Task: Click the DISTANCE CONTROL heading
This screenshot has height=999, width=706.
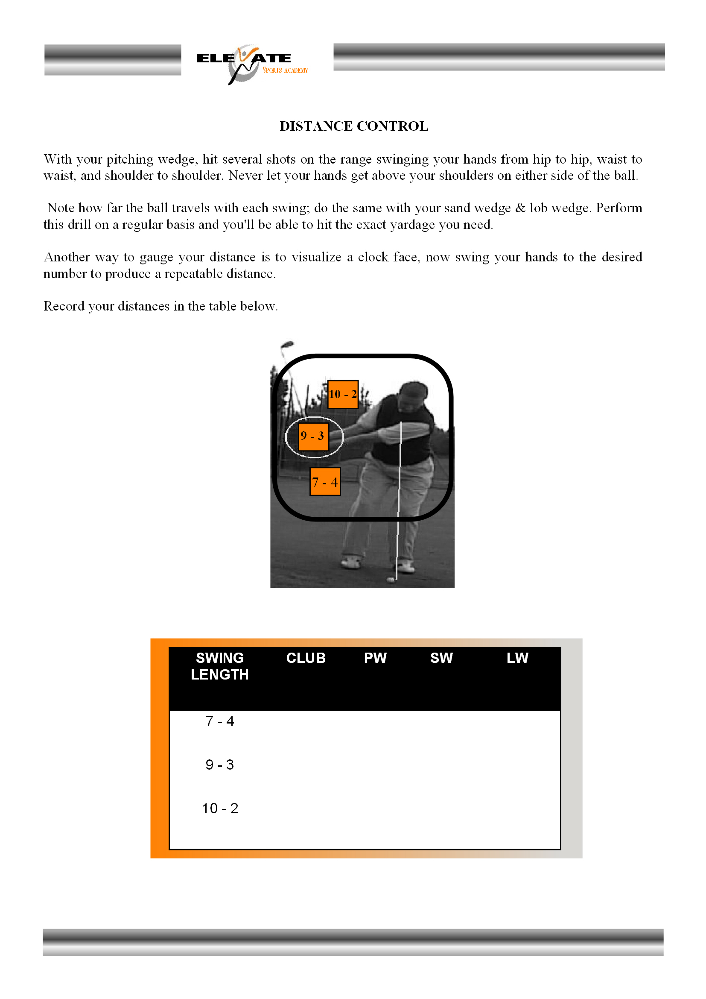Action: (353, 126)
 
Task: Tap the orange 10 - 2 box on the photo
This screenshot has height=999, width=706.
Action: (343, 394)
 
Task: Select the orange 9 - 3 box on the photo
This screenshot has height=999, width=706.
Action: (313, 436)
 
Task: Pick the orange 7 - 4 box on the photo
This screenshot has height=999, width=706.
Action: (325, 482)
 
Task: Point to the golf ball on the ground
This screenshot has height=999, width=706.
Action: (391, 579)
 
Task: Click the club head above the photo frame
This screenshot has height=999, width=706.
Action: (287, 345)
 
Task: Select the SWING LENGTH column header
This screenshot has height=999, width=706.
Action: (219, 666)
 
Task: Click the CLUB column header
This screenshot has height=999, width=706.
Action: (306, 658)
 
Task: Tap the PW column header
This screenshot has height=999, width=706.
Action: (375, 658)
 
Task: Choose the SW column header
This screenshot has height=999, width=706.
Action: (441, 658)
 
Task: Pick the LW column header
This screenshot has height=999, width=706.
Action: (517, 658)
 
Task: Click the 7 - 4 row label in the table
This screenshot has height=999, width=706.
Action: (219, 721)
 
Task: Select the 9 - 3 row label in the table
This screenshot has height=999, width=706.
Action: (219, 765)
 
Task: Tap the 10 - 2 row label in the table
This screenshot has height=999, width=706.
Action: (220, 809)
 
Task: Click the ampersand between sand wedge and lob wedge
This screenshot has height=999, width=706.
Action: (520, 208)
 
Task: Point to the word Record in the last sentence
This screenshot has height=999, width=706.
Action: (64, 306)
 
